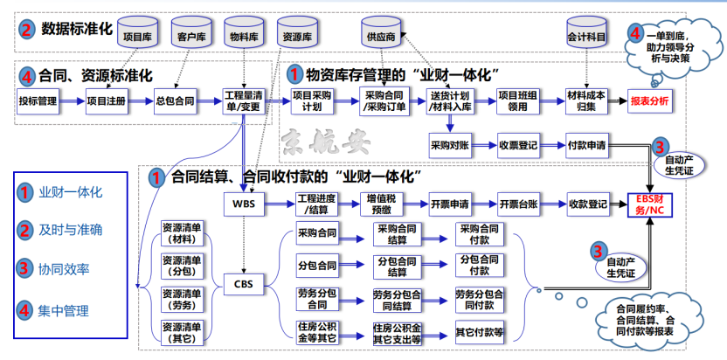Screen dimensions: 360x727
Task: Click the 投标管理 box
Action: [38, 101]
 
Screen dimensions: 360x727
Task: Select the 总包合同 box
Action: [174, 101]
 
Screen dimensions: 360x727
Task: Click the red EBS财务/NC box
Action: [653, 205]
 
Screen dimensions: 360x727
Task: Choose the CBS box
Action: [243, 284]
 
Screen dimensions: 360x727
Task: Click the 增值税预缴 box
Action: [380, 204]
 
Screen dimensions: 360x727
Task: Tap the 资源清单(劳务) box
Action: [183, 299]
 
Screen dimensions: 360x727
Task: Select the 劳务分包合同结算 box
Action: [398, 298]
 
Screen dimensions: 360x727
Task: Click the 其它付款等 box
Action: [480, 331]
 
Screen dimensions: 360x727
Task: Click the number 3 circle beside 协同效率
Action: [27, 269]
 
